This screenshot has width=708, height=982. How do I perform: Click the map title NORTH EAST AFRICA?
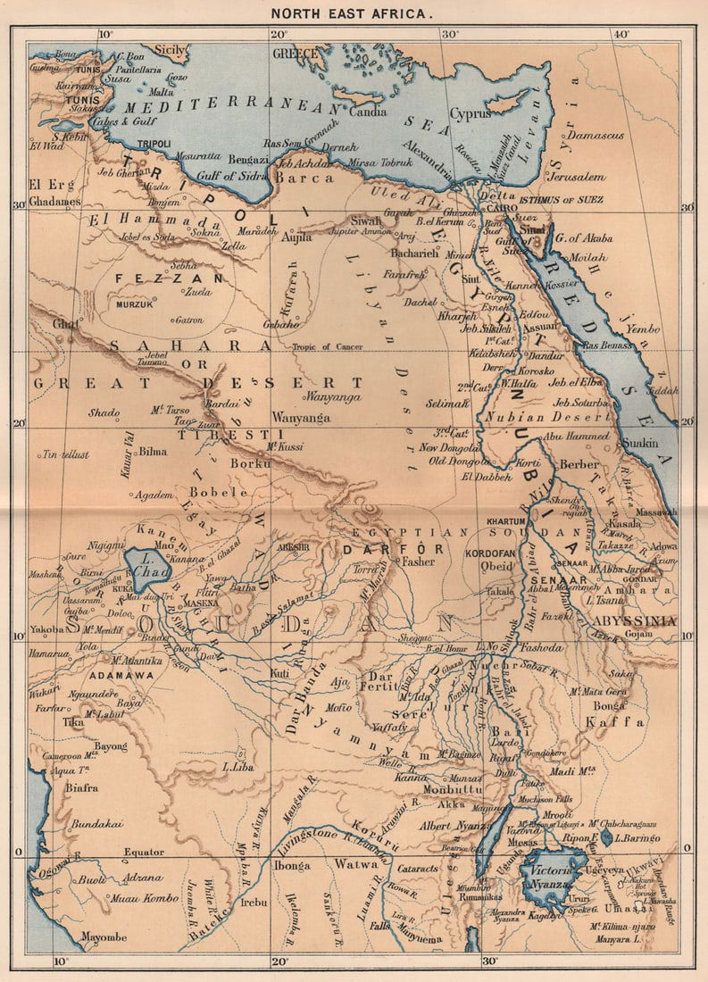pos(354,15)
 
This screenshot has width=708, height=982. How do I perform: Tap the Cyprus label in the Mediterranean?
pos(470,114)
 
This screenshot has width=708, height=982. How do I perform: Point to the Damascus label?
pos(597,135)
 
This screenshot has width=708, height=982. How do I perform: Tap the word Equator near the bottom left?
pos(146,852)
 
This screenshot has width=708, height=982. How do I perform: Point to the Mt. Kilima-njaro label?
pos(621,926)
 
